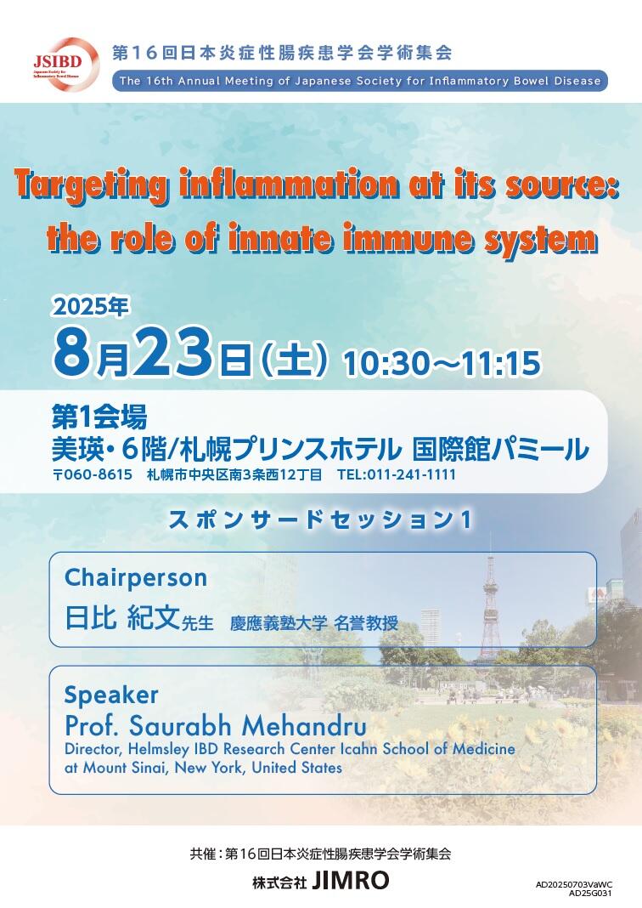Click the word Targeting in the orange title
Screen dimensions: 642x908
pyautogui.click(x=92, y=185)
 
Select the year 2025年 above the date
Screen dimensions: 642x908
pyautogui.click(x=90, y=307)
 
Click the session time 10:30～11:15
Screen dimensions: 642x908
pyautogui.click(x=442, y=363)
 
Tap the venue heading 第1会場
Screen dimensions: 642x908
pyautogui.click(x=99, y=416)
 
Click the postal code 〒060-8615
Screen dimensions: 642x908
pyautogui.click(x=93, y=475)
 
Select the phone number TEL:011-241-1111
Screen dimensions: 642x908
pyautogui.click(x=397, y=475)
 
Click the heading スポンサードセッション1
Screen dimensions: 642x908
pyautogui.click(x=320, y=519)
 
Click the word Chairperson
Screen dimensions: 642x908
pyautogui.click(x=136, y=578)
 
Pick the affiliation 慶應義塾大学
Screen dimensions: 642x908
pyautogui.click(x=279, y=623)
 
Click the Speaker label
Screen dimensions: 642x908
pyautogui.click(x=111, y=695)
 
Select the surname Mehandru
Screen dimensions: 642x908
pyautogui.click(x=304, y=725)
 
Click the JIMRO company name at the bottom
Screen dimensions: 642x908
pyautogui.click(x=351, y=880)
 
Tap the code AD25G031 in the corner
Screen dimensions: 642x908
pyautogui.click(x=590, y=893)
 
